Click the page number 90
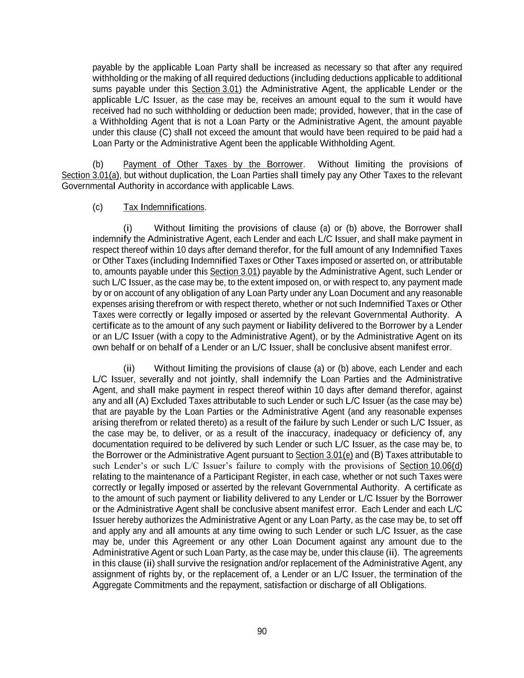[x=262, y=631]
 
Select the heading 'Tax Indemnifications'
[x=164, y=207]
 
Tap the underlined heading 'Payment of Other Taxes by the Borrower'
[x=213, y=164]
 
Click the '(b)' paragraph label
[x=97, y=164]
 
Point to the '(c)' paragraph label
[x=97, y=207]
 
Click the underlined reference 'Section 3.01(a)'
[x=91, y=175]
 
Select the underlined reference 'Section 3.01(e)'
[x=324, y=455]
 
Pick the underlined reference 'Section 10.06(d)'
[x=431, y=466]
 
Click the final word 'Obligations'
[x=402, y=585]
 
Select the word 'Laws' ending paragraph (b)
[x=284, y=186]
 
